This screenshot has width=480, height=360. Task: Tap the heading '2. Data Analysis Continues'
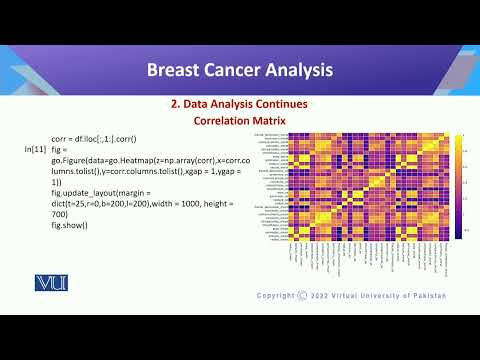pos(239,104)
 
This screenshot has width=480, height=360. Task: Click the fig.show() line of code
pos(70,224)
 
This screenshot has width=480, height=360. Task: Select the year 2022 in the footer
pos(324,295)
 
